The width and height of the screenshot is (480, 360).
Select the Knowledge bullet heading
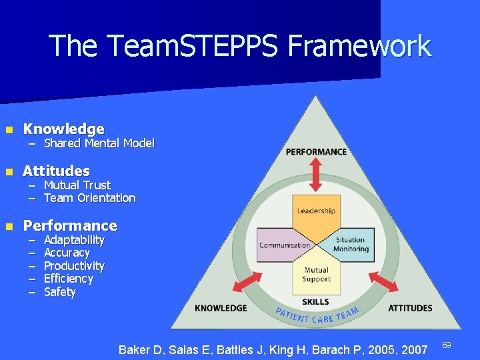[x=63, y=129]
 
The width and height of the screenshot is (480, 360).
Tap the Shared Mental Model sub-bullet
[x=99, y=143]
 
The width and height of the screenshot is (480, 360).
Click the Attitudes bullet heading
[x=56, y=171]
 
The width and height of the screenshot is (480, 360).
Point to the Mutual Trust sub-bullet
[x=77, y=185]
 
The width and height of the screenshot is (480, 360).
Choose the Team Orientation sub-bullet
[x=89, y=198]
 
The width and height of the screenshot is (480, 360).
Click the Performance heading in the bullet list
[x=69, y=225]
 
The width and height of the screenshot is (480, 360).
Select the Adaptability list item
[x=74, y=239]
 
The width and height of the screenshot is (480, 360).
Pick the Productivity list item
[x=74, y=266]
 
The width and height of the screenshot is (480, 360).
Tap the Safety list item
[x=60, y=292]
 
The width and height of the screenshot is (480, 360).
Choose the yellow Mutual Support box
[x=316, y=275]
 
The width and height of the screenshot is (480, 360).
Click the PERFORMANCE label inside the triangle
[x=316, y=151]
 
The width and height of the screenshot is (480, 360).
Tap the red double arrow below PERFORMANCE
[x=316, y=177]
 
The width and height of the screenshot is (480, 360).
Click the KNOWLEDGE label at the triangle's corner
[x=221, y=308]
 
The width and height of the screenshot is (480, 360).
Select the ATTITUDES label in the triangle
[x=409, y=308]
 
